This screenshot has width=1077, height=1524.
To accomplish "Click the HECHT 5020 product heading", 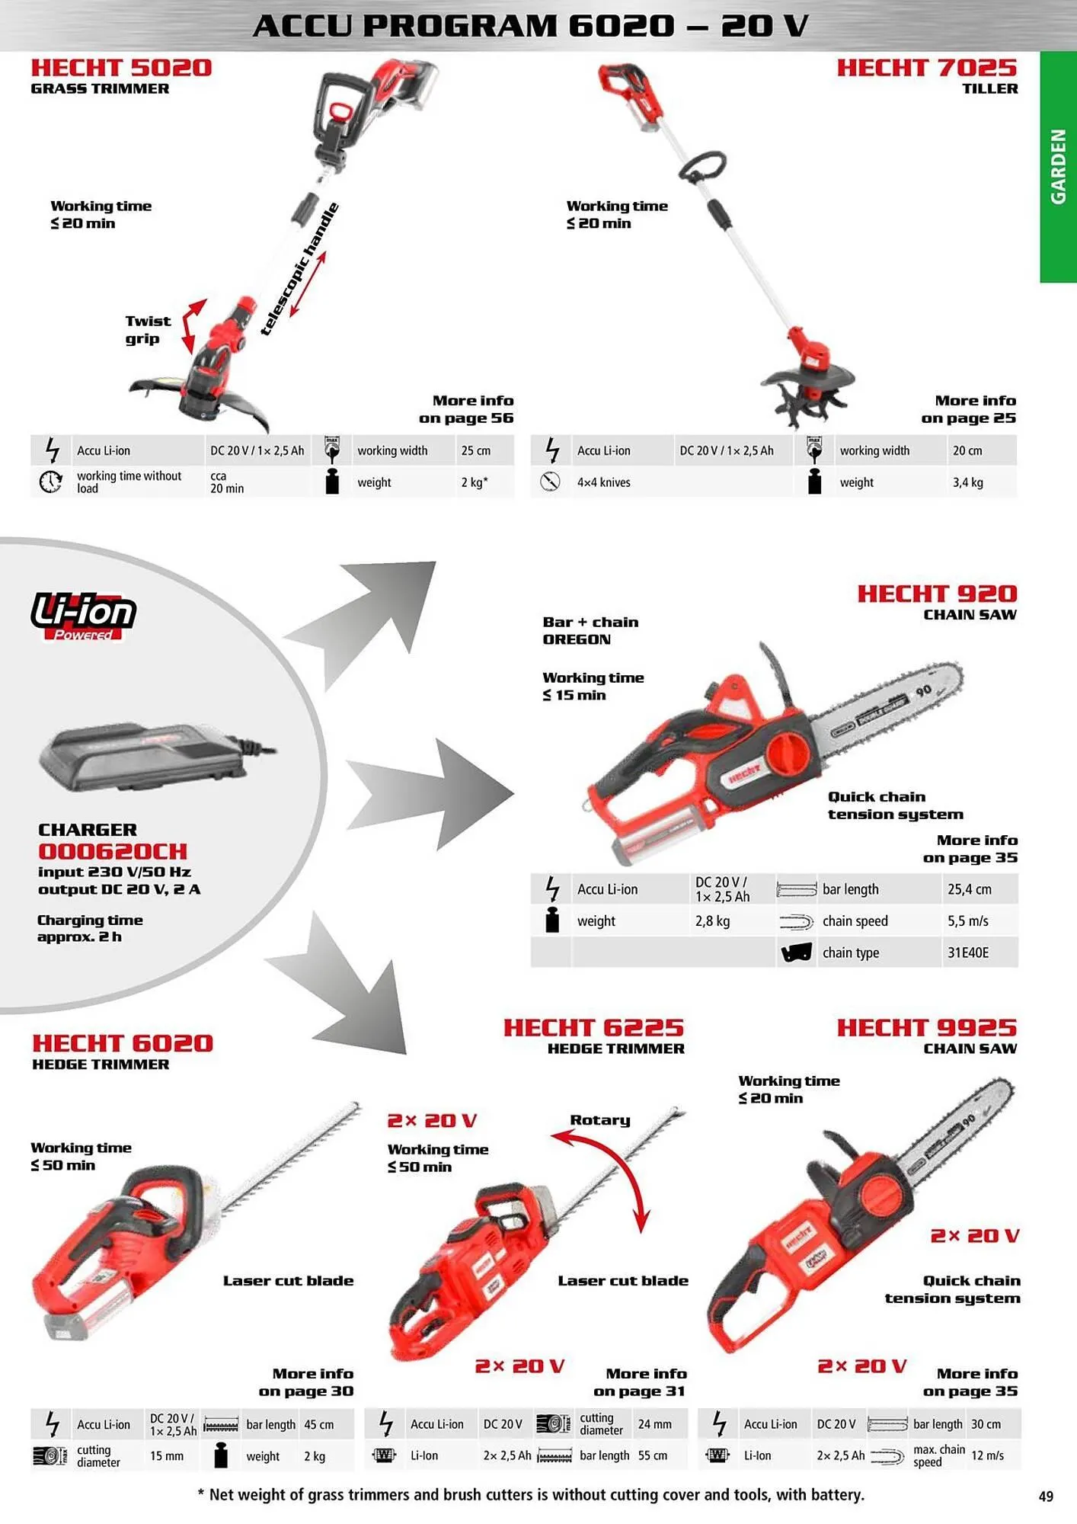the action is click(121, 68).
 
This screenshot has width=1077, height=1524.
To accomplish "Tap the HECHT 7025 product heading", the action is click(927, 68).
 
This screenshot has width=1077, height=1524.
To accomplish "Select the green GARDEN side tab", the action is click(1059, 167).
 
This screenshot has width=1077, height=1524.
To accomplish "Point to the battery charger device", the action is click(152, 757).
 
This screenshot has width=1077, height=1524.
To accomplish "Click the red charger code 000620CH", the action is click(113, 851).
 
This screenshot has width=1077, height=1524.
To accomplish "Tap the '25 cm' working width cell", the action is click(476, 450).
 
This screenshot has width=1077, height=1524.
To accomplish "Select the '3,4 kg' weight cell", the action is click(967, 482).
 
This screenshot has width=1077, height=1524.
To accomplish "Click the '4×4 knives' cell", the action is click(603, 482).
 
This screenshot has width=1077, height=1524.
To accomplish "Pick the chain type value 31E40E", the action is click(968, 952).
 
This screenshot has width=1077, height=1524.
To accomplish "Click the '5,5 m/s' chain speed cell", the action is click(968, 921).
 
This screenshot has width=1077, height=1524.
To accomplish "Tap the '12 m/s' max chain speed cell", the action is click(987, 1455).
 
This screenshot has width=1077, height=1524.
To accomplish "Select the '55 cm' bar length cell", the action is click(653, 1455).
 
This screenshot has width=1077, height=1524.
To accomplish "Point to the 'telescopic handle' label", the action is click(299, 269).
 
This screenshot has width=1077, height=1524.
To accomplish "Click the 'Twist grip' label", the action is click(148, 330).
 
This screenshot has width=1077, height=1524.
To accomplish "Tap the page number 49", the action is click(1046, 1496).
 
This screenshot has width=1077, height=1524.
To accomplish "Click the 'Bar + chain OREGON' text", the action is click(590, 631).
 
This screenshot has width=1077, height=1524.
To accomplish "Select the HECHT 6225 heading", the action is click(593, 1028).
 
